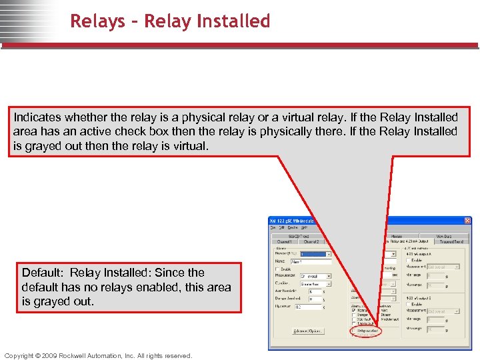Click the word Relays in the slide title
tap(97, 21)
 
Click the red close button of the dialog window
tap(467, 221)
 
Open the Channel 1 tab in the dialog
tap(285, 241)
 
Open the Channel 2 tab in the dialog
tap(311, 241)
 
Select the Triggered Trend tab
tap(451, 241)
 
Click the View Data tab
tap(444, 236)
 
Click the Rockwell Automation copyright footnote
tap(97, 355)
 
